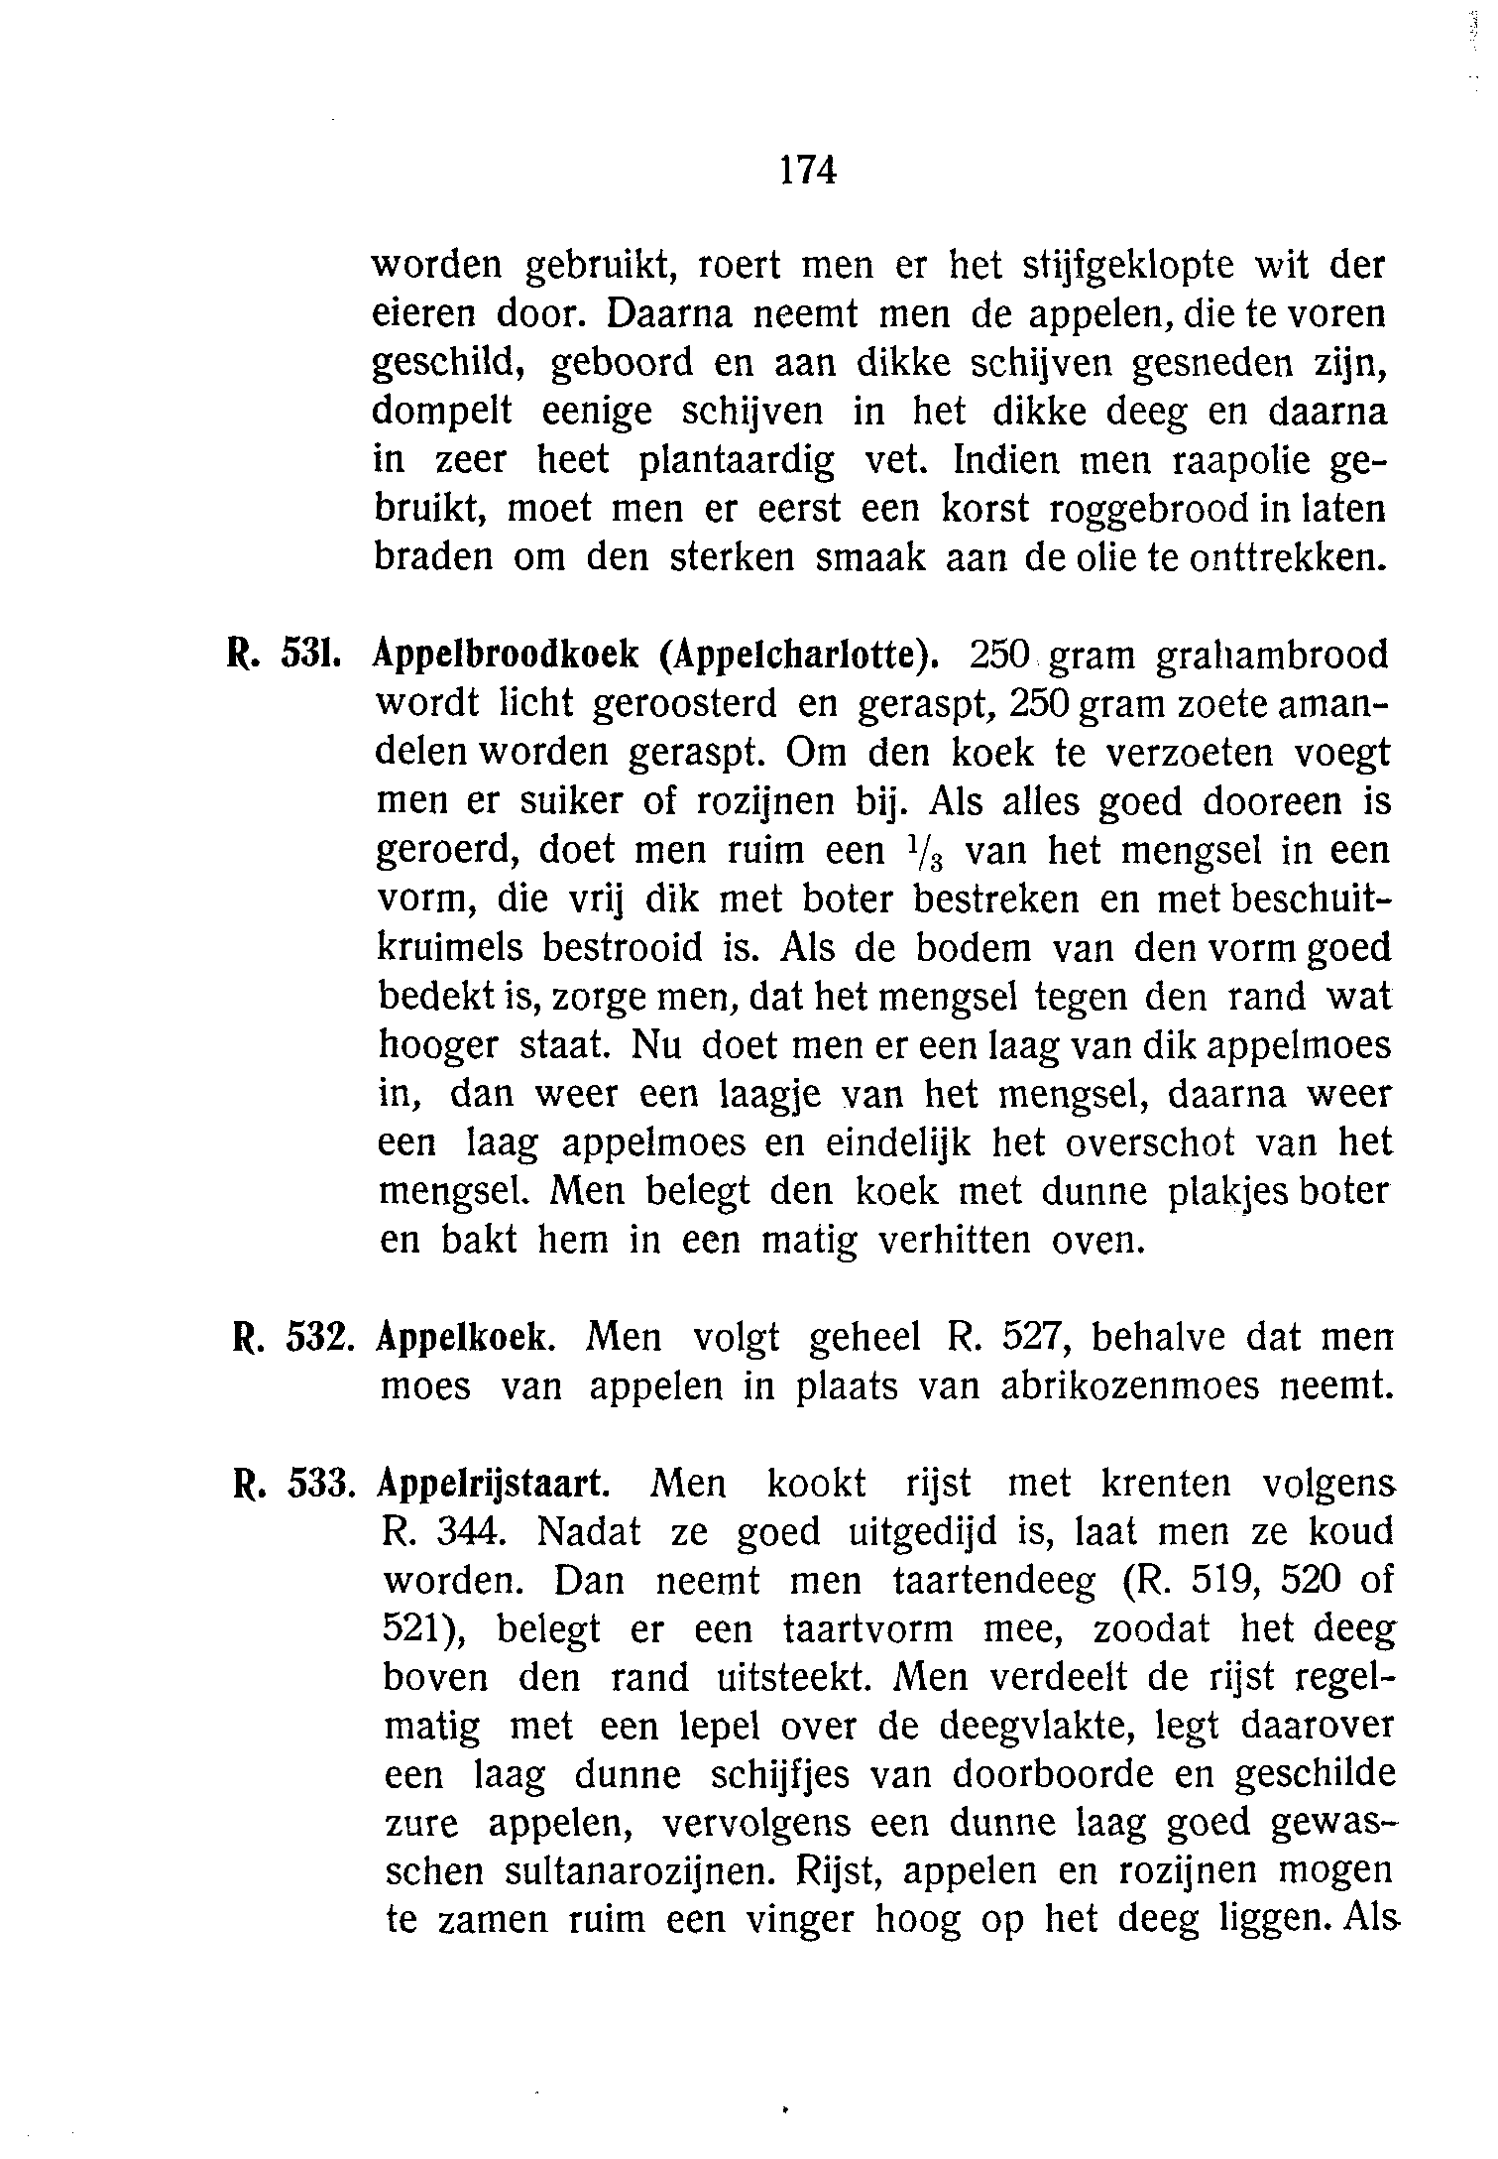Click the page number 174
808,171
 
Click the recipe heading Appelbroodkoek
510,656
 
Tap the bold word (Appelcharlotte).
799,656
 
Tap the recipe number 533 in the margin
319,1485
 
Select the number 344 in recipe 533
474,1534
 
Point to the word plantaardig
737,461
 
